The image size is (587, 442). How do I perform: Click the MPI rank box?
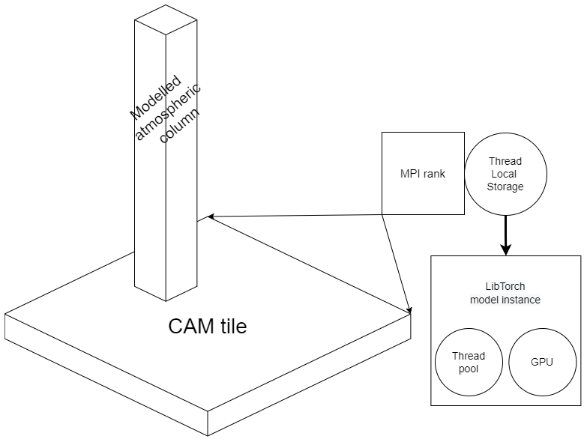(x=422, y=174)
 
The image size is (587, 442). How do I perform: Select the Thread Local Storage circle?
(x=505, y=175)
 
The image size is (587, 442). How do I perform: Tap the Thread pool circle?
(x=469, y=362)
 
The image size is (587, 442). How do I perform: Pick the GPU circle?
(x=542, y=362)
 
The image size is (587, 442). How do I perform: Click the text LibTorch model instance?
(x=505, y=293)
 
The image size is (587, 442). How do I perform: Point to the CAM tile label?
(x=207, y=327)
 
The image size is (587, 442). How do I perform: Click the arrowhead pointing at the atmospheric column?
(x=211, y=217)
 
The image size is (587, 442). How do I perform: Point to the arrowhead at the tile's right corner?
(x=409, y=309)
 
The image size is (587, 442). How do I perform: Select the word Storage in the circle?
(x=505, y=187)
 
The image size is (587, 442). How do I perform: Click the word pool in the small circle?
(x=469, y=369)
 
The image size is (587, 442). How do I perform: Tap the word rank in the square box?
(x=433, y=175)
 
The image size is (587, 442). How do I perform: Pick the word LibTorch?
(x=505, y=286)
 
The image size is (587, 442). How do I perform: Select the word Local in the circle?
(x=505, y=174)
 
